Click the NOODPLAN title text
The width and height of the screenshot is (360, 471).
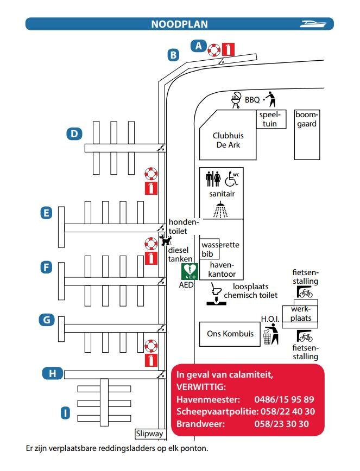click(179, 24)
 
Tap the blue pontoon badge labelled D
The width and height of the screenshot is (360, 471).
click(74, 133)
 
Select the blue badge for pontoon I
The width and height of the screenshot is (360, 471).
click(65, 413)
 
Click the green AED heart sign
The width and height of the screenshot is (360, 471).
click(190, 271)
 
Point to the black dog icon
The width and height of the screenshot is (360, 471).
click(165, 240)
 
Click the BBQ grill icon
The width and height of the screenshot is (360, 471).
click(236, 100)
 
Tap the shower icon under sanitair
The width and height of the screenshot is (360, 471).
click(220, 209)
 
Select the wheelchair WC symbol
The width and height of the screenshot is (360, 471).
click(232, 179)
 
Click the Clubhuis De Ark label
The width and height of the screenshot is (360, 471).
click(228, 141)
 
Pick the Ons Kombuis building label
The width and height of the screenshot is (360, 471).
click(230, 334)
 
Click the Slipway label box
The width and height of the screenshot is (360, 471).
click(149, 434)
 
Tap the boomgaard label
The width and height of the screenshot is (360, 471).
click(306, 119)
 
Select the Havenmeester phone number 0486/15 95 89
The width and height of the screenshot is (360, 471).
click(285, 399)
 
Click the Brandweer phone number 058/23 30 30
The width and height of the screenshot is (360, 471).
click(282, 424)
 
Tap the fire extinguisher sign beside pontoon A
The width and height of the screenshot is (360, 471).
click(229, 49)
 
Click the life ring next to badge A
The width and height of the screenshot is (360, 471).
click(214, 50)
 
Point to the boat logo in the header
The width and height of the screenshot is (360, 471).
click(313, 24)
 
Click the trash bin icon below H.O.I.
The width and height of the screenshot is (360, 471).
click(267, 337)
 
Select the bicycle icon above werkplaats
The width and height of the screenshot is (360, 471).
click(305, 292)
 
